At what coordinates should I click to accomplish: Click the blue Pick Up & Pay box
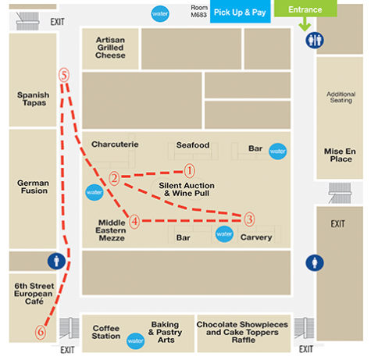click(240, 12)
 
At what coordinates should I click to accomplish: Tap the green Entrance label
click(305, 9)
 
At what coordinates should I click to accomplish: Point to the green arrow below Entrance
click(305, 24)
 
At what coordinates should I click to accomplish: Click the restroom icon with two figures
click(315, 40)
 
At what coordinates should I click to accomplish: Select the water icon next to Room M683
click(160, 13)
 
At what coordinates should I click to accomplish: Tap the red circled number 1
click(189, 171)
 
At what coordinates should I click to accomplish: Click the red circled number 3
click(249, 219)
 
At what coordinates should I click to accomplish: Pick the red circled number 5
click(64, 75)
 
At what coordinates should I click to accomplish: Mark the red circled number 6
click(41, 332)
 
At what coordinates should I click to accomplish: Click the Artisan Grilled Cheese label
click(110, 48)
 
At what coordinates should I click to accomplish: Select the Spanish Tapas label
click(34, 98)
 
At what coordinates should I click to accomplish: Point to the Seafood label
click(193, 145)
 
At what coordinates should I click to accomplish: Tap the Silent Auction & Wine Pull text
click(187, 189)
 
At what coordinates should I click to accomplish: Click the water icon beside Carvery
click(224, 233)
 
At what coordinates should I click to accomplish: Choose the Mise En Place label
click(340, 155)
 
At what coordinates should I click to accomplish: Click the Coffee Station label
click(106, 332)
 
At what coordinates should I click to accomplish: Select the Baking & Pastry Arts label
click(165, 332)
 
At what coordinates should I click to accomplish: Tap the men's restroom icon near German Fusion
click(56, 261)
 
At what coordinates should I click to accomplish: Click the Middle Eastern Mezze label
click(111, 230)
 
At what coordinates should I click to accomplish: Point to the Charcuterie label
click(115, 144)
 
